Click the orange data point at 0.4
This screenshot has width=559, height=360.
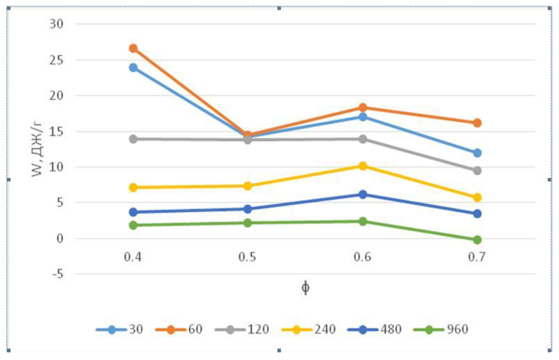point(133,49)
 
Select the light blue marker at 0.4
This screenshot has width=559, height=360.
point(133,67)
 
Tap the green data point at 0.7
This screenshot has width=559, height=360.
point(477,240)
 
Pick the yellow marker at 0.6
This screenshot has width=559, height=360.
point(363,166)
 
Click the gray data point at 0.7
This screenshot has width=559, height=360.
point(477,171)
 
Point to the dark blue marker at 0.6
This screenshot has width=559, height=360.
point(363,194)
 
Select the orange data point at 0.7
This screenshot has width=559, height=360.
point(477,123)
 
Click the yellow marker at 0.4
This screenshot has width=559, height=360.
point(133,188)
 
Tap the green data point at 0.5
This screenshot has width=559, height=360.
point(248,223)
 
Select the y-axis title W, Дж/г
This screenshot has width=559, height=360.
point(39,149)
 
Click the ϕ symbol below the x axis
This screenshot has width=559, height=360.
point(305,287)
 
